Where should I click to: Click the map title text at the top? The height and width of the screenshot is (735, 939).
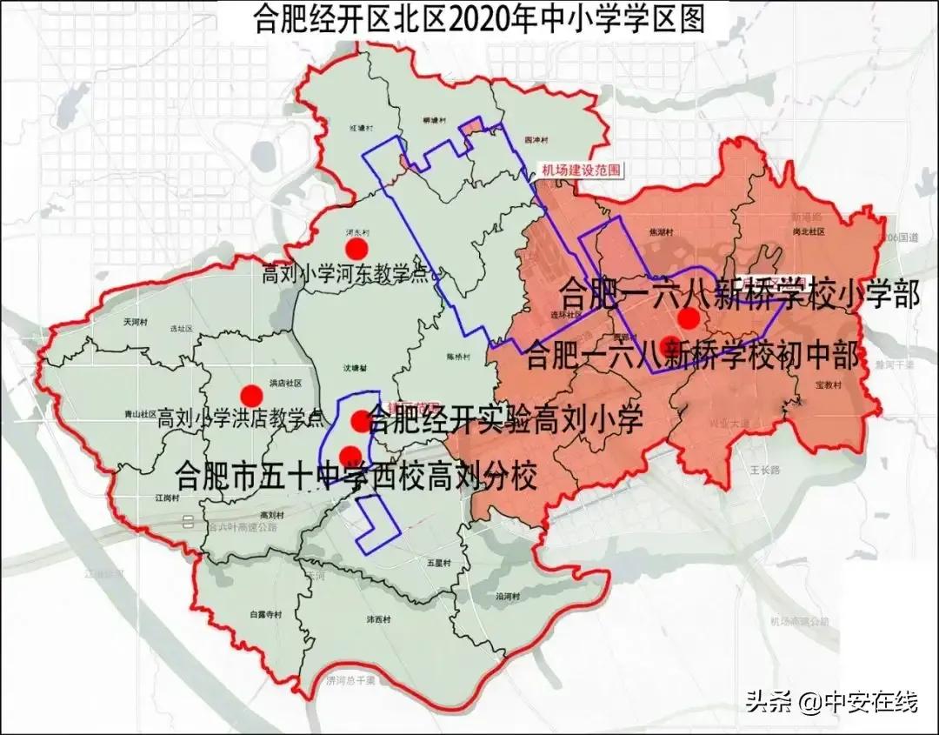(477, 18)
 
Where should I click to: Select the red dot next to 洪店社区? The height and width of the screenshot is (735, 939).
(251, 394)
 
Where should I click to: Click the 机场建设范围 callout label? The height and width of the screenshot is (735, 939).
(580, 170)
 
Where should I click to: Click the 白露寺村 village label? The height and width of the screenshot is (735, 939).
(265, 615)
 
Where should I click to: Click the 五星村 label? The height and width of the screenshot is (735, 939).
(439, 564)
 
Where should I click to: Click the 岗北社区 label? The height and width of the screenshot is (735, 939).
(816, 231)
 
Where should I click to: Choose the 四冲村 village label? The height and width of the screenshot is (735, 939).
(539, 138)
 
